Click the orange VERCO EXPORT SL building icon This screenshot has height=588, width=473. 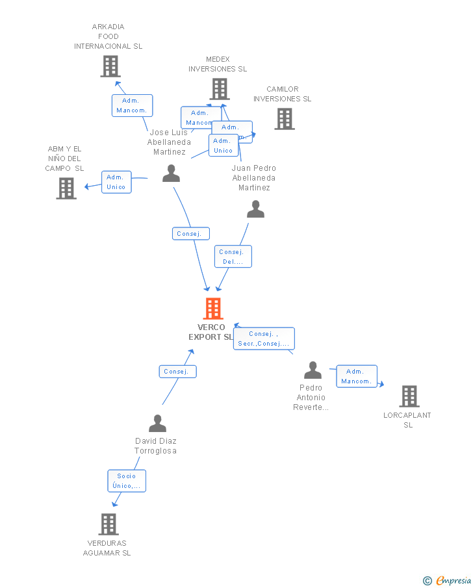213,309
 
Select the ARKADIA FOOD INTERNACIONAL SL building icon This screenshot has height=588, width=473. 110,66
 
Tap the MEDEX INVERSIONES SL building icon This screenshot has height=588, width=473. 220,89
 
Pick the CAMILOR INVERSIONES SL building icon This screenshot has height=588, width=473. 284,119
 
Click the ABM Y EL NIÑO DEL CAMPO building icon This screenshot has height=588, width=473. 66,188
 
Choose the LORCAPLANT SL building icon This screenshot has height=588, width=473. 409,396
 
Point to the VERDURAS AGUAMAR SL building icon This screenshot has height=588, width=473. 109,524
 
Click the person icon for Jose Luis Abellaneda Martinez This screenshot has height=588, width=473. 171,173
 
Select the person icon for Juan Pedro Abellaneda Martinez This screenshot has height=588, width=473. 255,209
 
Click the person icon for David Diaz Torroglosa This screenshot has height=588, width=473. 157,424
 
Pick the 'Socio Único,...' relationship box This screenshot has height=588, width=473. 127,481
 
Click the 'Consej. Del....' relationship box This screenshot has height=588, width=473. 233,257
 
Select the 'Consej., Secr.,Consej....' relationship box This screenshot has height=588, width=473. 264,339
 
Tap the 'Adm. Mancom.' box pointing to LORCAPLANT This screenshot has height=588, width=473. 357,376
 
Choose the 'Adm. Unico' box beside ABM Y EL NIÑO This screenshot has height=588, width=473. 116,182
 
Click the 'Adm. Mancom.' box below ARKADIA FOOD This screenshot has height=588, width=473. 132,105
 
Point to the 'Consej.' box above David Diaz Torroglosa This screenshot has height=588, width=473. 177,372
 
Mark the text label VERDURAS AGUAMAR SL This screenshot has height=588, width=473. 107,548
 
